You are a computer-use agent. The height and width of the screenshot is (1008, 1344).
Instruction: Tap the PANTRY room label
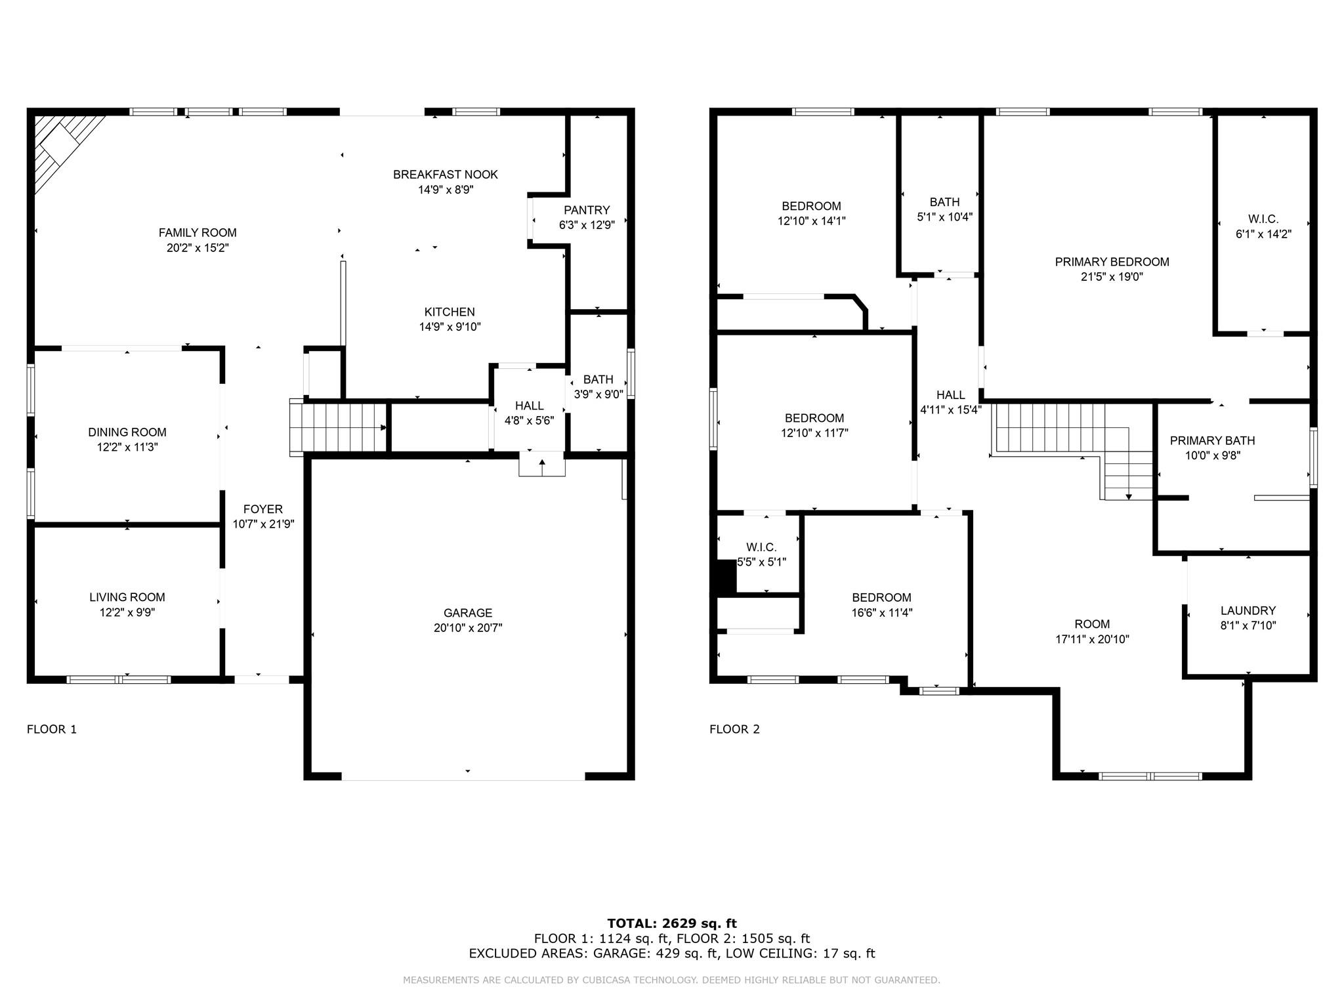point(587,210)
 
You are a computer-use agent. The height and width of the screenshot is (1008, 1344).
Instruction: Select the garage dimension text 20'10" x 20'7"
point(468,628)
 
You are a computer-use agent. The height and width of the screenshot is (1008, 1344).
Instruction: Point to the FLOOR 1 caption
point(52,729)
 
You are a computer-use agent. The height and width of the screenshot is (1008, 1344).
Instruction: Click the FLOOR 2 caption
point(734,729)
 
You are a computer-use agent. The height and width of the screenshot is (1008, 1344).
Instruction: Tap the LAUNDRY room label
point(1248,610)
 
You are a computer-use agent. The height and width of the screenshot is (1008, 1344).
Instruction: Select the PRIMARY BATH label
point(1212,440)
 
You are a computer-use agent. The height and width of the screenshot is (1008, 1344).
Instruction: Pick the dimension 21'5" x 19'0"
point(1112,277)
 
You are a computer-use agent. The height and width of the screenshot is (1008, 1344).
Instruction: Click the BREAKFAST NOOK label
point(445,175)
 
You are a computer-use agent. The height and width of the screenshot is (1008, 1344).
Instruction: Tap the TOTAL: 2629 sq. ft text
point(671,923)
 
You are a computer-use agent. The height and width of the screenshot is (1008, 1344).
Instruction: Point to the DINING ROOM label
point(127,432)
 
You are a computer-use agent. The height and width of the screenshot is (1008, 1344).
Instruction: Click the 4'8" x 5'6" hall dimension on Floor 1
point(529,421)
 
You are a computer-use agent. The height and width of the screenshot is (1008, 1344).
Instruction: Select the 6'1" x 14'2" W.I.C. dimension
point(1263,234)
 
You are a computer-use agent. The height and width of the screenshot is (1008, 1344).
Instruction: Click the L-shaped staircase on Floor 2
point(1076,436)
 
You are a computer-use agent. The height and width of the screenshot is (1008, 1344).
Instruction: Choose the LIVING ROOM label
point(127,597)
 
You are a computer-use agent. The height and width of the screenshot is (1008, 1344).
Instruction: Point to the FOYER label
point(263,509)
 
